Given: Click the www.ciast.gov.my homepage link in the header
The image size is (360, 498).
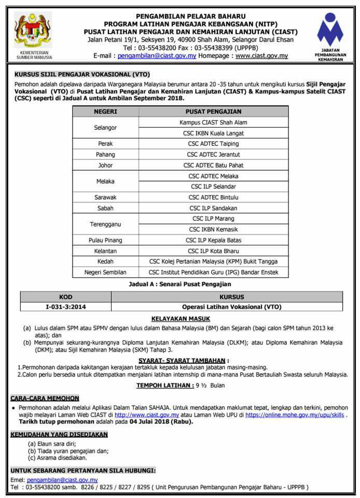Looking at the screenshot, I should (261, 56).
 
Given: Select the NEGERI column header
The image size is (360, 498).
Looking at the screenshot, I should (105, 112).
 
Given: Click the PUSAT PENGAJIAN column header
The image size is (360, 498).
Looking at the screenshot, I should (213, 112).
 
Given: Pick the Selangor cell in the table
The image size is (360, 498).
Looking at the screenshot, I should (105, 128).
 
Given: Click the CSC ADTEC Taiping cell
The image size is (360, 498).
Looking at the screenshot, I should (213, 144).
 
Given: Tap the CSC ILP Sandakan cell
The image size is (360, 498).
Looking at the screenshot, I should (213, 208).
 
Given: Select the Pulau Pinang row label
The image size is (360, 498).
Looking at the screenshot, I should (105, 240).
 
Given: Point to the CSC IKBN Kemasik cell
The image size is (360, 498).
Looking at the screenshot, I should (213, 229).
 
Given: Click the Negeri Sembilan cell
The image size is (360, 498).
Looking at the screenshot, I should (105, 272).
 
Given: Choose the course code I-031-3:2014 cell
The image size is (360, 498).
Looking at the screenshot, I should (66, 307).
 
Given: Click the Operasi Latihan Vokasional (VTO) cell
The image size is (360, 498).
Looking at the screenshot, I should (231, 307).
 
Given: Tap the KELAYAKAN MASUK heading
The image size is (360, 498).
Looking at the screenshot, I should (180, 319).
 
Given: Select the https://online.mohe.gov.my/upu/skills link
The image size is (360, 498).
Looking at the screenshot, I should (295, 415).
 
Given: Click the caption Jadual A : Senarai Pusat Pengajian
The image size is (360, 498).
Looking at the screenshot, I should (179, 284).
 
